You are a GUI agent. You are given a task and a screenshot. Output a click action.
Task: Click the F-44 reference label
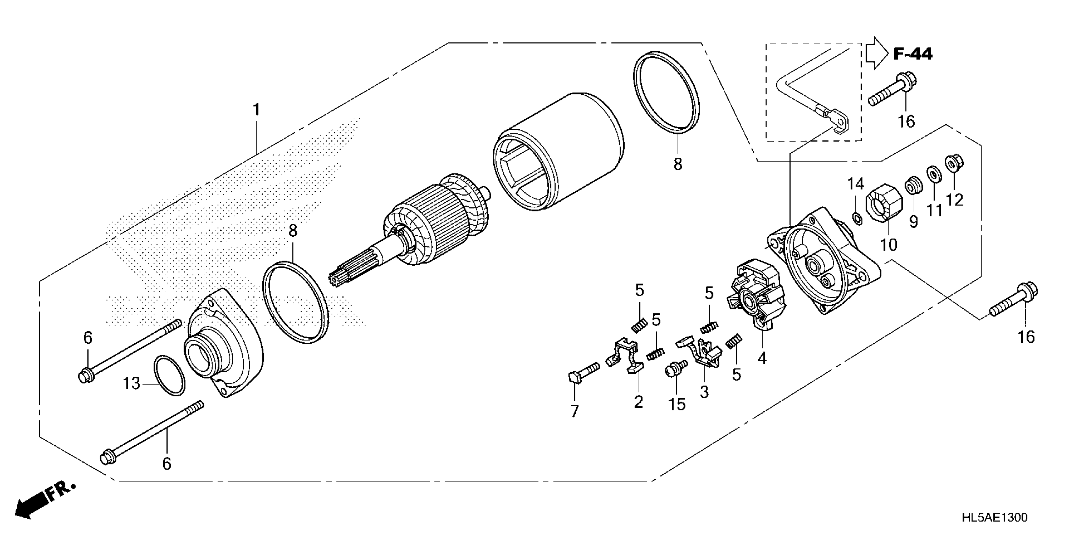pos(912,54)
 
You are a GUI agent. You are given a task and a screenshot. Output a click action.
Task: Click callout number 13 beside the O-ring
pos(131,383)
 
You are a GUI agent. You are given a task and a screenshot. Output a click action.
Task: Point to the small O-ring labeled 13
pos(169,375)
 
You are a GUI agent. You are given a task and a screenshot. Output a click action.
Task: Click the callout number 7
pos(574,411)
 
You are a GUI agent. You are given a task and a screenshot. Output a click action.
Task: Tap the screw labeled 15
pos(674,369)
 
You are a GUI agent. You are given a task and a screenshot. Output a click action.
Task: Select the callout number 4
pos(762,358)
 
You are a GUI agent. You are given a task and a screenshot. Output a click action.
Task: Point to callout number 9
pos(913,221)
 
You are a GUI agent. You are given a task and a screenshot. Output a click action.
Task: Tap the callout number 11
pos(935,211)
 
